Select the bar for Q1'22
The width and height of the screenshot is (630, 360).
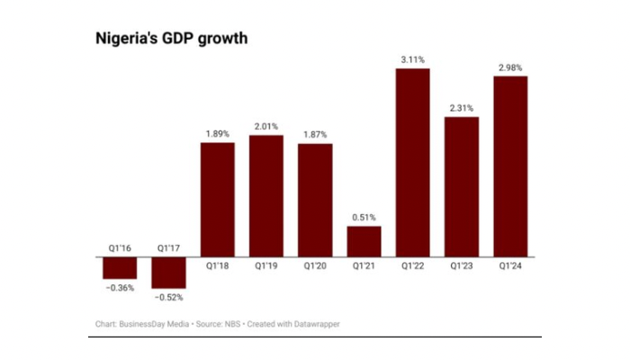(x=413, y=162)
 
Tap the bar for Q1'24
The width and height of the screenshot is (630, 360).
(x=510, y=166)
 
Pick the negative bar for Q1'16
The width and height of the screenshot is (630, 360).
(x=120, y=267)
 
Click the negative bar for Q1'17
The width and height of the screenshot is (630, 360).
(x=168, y=272)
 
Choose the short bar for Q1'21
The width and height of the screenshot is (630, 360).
(x=364, y=241)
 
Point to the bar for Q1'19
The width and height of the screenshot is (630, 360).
(x=265, y=195)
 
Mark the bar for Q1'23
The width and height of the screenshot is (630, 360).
(x=462, y=186)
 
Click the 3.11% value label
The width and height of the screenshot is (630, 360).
(x=413, y=59)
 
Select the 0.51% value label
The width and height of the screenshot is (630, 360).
(x=364, y=217)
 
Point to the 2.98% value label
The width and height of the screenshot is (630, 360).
(x=510, y=67)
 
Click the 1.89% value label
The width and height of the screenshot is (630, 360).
(x=217, y=133)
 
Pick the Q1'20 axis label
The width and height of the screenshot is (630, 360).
(x=315, y=266)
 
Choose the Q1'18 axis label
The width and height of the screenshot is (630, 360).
(x=217, y=266)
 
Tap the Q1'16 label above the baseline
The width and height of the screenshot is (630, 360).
(x=120, y=246)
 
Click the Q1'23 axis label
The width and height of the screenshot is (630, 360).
(x=462, y=266)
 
